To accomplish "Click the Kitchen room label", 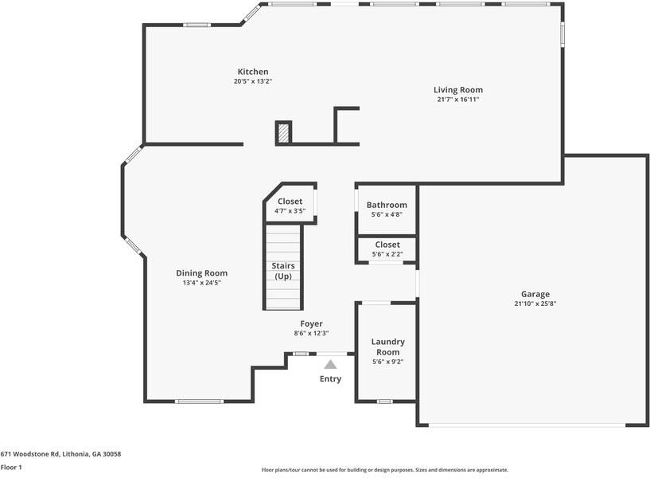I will point(252,72).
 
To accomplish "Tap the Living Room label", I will point(457,90).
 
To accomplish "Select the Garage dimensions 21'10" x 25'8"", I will point(535,304).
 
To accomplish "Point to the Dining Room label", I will point(201,273).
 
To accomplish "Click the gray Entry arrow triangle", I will point(330,364).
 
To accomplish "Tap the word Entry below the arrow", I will point(330,379).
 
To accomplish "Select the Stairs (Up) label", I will point(283,271).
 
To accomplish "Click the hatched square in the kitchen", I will point(283,133).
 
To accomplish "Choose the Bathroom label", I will point(387,205).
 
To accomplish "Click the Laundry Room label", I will point(388,347).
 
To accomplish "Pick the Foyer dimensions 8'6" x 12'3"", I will point(311,333).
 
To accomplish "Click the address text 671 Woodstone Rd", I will point(60,453).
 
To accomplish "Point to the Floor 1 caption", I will point(11,467).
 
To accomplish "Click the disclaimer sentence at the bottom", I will point(384,470).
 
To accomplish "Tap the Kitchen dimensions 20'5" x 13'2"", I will point(252,81).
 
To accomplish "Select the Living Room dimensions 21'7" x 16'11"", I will point(457,100).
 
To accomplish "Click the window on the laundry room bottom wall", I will point(385,401).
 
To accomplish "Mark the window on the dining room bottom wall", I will point(199,401).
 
